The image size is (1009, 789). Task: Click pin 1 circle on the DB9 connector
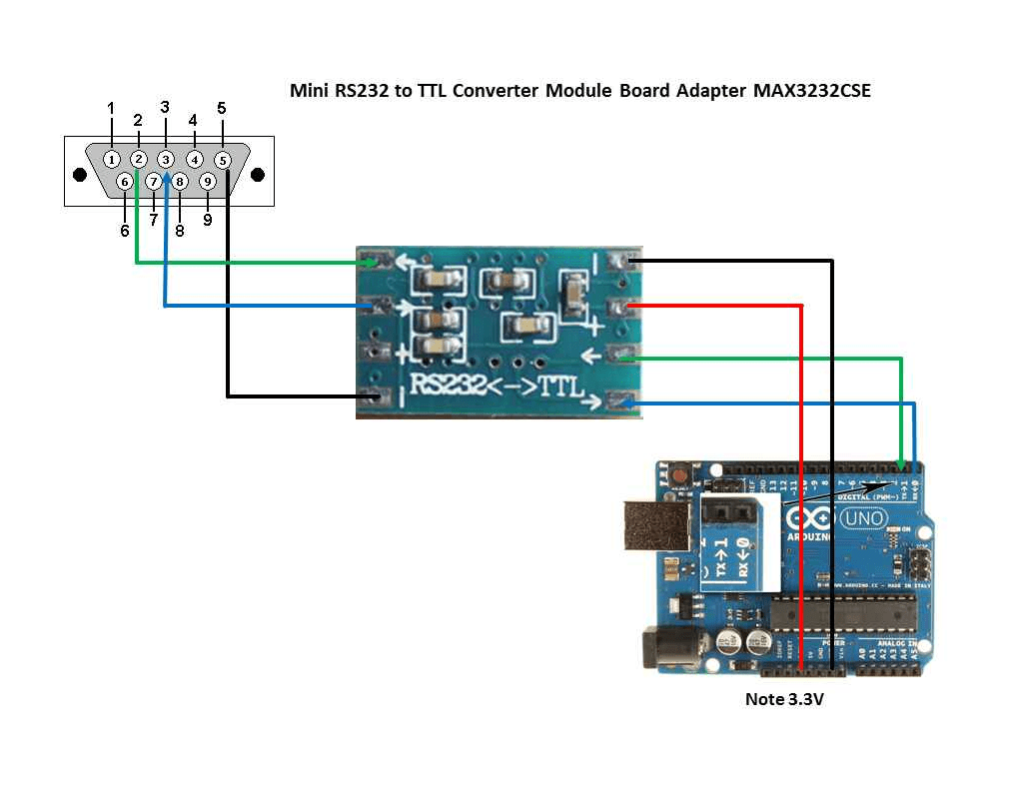[x=112, y=159]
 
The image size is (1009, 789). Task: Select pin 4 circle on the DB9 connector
[x=195, y=159]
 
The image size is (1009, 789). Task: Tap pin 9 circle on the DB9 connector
[x=207, y=182]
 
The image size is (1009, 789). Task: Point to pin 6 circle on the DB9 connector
[x=125, y=182]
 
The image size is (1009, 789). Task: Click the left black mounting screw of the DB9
[x=80, y=174]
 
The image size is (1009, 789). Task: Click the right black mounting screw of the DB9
[x=258, y=174]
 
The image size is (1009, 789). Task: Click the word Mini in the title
[x=308, y=91]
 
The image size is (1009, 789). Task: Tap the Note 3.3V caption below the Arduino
[x=784, y=699]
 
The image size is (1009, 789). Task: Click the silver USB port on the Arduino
[x=655, y=525]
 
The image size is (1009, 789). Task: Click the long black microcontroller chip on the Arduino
[x=845, y=610]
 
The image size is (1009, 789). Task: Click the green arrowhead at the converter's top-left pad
[x=373, y=263]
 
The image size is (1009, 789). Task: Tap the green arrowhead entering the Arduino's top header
[x=903, y=464]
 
